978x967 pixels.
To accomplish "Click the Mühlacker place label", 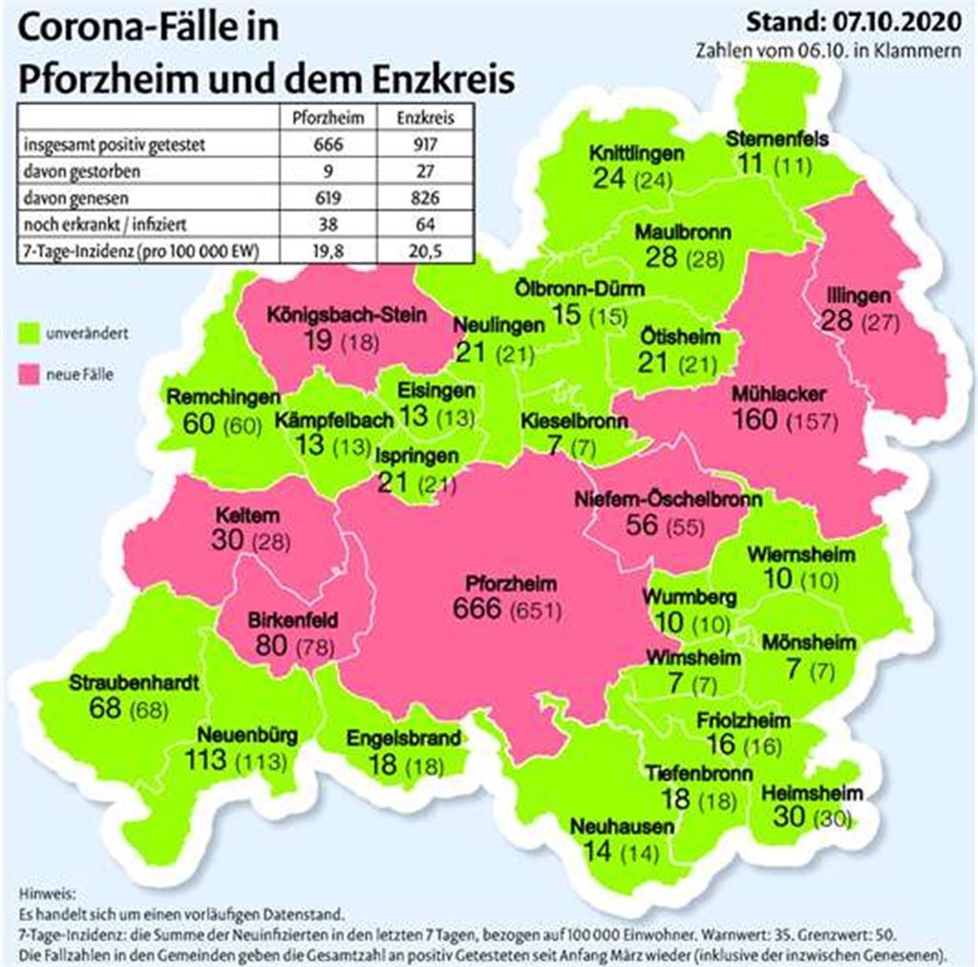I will pyautogui.click(x=779, y=395).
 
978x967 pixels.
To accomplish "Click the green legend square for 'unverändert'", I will pyautogui.click(x=29, y=333).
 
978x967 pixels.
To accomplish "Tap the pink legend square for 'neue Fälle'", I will pyautogui.click(x=29, y=374).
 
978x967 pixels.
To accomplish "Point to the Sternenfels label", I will pyautogui.click(x=776, y=140).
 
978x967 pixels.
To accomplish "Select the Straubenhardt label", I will pyautogui.click(x=135, y=684).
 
